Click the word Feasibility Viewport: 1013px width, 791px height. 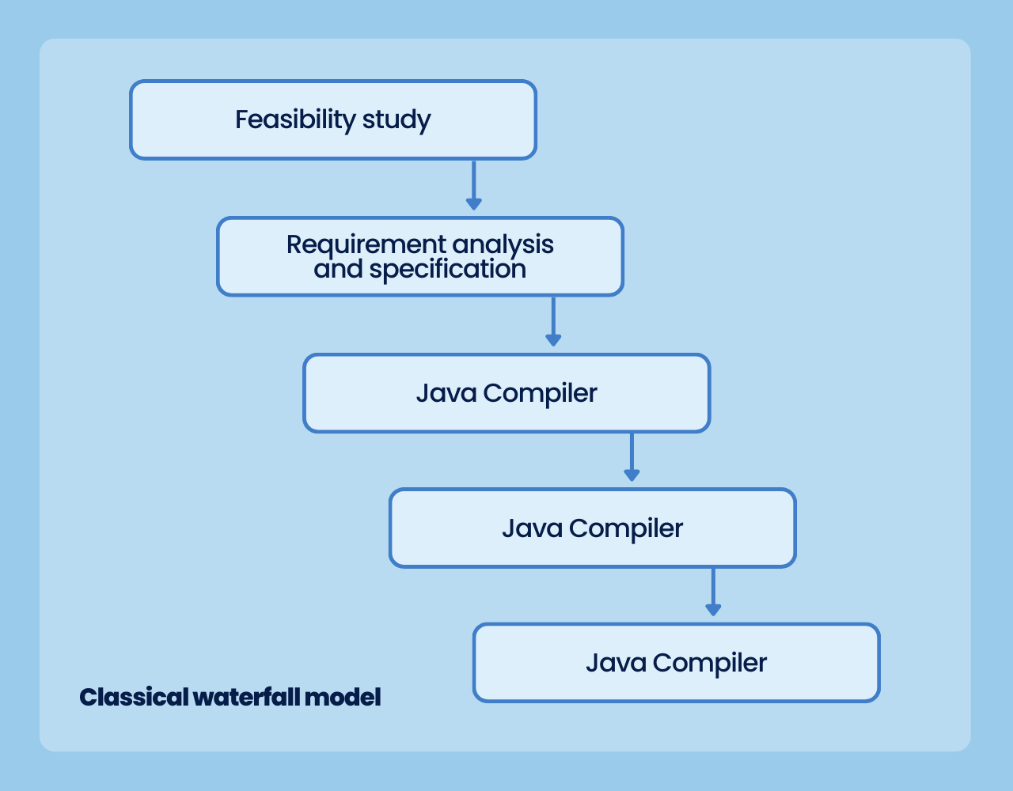coord(296,119)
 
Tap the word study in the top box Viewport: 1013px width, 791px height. coord(396,120)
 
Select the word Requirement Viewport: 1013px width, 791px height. coord(366,245)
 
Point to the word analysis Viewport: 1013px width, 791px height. coord(503,245)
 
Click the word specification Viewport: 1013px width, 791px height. coord(448,270)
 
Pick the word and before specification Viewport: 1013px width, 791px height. coord(338,269)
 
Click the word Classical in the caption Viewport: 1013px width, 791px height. coord(134,698)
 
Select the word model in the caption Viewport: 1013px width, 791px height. coord(343,698)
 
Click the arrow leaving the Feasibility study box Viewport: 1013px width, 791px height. coord(473,185)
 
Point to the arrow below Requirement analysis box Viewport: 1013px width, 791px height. coord(553,322)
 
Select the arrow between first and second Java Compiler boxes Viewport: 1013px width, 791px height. coord(632,457)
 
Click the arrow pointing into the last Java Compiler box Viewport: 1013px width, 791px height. coord(713,592)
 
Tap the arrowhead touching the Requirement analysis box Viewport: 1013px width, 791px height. coord(473,204)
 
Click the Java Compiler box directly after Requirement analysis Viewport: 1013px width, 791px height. coord(506,393)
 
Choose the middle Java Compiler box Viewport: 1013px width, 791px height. coord(593,528)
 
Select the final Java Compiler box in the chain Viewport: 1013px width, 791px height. coord(677,662)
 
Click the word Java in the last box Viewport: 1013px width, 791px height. coord(617,663)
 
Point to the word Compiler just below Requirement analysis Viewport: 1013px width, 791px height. coord(540,395)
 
